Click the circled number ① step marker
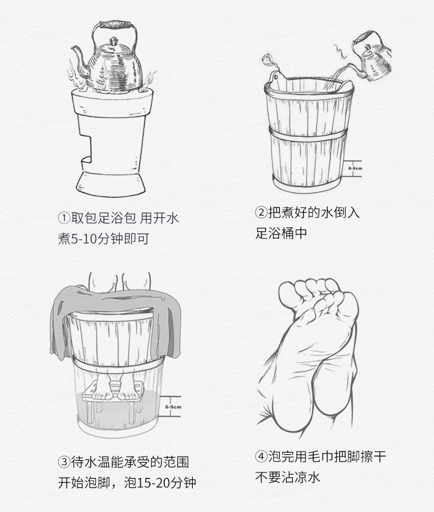(64, 218)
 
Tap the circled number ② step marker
(261, 213)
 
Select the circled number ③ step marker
(64, 461)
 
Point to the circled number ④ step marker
(261, 457)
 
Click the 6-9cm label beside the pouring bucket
(355, 169)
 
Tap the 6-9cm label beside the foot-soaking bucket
(173, 407)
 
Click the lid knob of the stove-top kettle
(113, 41)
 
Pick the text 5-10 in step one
(82, 239)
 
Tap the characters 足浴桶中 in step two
(281, 233)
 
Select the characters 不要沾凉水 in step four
(288, 477)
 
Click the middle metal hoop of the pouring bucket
(308, 133)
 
